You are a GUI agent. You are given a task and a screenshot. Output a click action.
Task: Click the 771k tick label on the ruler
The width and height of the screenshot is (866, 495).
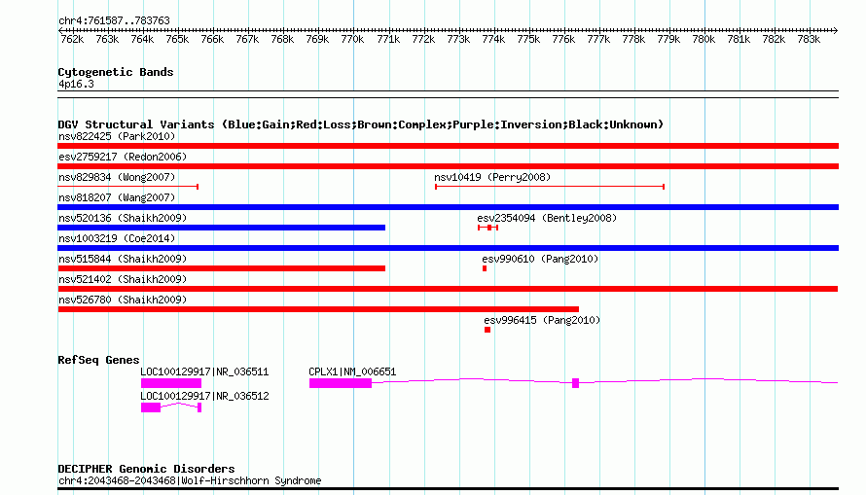[x=387, y=41]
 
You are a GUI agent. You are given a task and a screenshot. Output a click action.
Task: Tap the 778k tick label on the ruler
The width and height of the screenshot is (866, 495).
[x=633, y=41]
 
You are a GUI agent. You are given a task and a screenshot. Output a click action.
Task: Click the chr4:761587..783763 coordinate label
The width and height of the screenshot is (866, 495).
[x=114, y=20]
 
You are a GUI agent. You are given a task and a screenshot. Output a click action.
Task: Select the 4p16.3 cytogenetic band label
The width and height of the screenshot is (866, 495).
[x=76, y=84]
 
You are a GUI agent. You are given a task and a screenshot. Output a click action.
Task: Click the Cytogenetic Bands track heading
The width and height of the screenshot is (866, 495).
[x=116, y=72]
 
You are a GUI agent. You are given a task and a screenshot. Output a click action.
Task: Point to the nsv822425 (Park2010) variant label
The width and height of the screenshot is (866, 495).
[x=117, y=136]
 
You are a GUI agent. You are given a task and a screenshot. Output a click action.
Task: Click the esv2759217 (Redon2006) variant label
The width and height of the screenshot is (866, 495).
[x=122, y=157]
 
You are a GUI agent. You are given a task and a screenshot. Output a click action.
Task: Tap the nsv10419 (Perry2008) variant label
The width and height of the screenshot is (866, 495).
[x=492, y=177]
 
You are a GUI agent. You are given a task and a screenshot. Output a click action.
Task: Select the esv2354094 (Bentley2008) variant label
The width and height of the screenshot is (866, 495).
[x=547, y=218]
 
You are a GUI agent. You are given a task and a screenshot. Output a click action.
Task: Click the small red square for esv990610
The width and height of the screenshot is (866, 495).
[x=485, y=268]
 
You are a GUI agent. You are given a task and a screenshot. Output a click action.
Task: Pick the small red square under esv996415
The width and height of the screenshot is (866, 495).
[x=487, y=330]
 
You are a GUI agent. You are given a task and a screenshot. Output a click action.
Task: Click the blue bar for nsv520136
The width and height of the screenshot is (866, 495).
[x=222, y=228]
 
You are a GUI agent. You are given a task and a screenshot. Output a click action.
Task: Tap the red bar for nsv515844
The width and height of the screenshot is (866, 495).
[x=222, y=268]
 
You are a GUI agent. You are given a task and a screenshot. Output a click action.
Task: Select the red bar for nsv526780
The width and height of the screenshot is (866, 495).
[x=318, y=309]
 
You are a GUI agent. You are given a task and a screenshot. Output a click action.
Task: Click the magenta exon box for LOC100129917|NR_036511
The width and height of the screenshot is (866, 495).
[x=170, y=383]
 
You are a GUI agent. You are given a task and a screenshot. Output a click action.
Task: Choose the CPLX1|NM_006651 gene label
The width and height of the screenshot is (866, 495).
[x=352, y=371]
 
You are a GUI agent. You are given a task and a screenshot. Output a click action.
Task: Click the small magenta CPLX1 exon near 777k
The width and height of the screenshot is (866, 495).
[x=576, y=383]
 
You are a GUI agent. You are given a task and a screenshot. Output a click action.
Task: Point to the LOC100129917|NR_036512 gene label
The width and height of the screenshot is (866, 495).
[x=204, y=396]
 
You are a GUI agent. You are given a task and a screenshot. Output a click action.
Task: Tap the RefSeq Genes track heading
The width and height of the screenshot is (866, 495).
[x=98, y=360]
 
